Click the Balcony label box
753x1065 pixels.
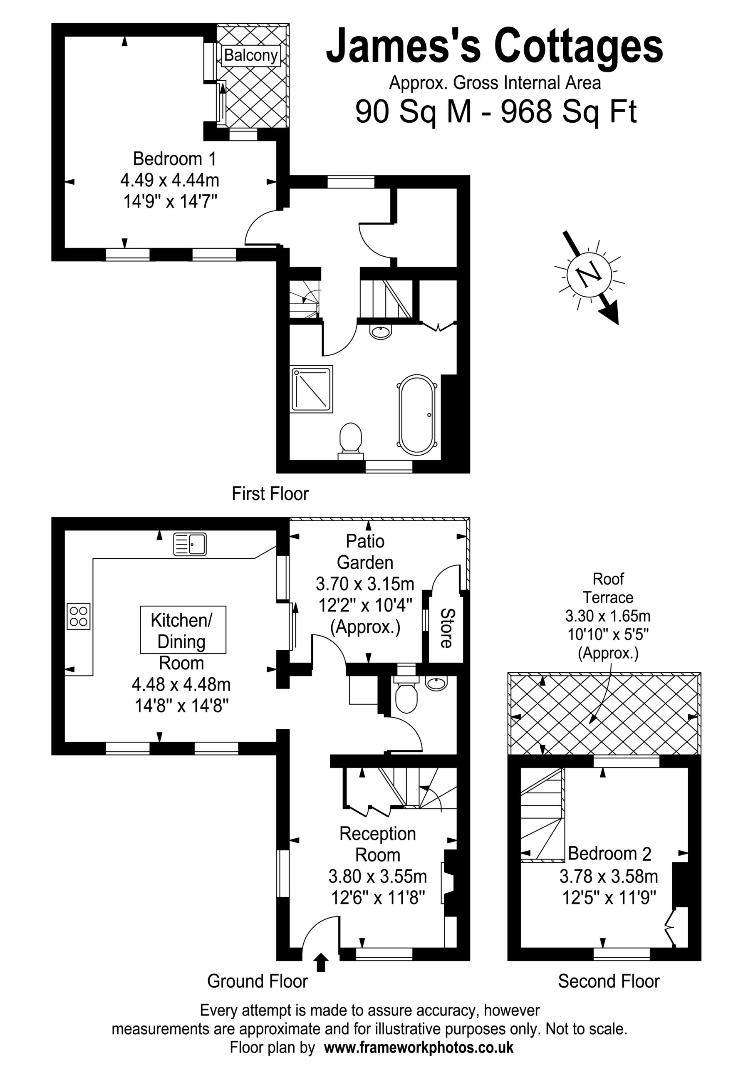251,55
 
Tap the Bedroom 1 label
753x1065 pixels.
174,159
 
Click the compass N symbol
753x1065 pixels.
589,275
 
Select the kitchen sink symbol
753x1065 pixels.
190,544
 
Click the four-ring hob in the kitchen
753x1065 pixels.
78,617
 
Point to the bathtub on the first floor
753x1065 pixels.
416,415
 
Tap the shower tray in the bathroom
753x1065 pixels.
312,389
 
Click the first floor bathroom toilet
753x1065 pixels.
351,440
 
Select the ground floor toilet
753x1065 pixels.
405,693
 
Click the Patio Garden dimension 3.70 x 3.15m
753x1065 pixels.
365,584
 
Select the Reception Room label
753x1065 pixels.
378,845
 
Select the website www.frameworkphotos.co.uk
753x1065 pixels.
419,1048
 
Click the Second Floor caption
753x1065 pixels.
609,981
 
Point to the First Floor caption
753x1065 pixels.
270,493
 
